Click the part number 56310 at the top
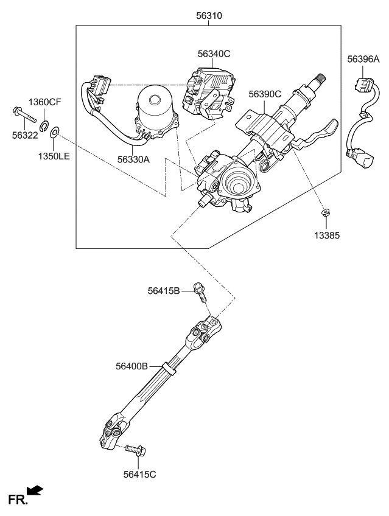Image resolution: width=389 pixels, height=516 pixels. tap(209, 15)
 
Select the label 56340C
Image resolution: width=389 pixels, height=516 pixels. tap(213, 54)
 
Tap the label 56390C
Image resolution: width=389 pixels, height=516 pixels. tap(264, 94)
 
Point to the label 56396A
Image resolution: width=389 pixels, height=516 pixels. tap(363, 59)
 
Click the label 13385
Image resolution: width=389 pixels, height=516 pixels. tap(327, 235)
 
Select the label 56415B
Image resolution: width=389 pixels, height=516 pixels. tap(164, 291)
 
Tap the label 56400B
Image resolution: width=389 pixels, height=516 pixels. tap(132, 366)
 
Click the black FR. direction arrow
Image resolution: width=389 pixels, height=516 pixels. tap(35, 490)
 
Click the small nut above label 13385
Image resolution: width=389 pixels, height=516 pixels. tap(326, 212)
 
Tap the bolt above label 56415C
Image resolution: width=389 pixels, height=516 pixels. tap(134, 451)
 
